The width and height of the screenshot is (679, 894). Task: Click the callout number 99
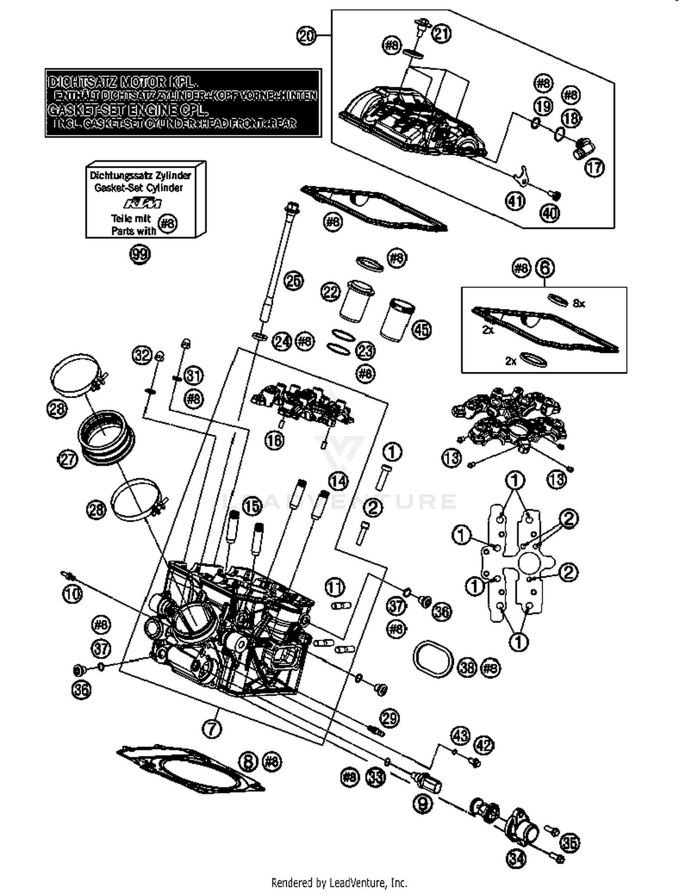[140, 254]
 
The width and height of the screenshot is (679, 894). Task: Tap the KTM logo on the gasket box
[143, 203]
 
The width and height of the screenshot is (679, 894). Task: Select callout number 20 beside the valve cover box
[306, 35]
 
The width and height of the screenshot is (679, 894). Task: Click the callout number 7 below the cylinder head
[213, 728]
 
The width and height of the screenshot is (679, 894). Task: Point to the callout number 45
[421, 330]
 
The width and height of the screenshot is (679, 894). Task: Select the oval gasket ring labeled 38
[433, 658]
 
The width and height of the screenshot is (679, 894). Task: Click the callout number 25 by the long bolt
[293, 281]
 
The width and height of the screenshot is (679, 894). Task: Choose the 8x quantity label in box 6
[579, 304]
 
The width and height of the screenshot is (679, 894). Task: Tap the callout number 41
[515, 201]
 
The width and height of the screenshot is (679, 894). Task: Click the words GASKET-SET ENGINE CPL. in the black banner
[128, 110]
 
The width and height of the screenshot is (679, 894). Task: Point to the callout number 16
[274, 440]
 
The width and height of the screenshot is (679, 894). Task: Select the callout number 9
[423, 804]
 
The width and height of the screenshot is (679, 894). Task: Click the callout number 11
[335, 587]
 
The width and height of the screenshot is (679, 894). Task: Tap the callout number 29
[390, 718]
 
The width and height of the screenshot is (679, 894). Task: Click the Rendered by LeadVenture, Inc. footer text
[339, 882]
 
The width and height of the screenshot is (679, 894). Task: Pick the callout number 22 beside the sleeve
[330, 292]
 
